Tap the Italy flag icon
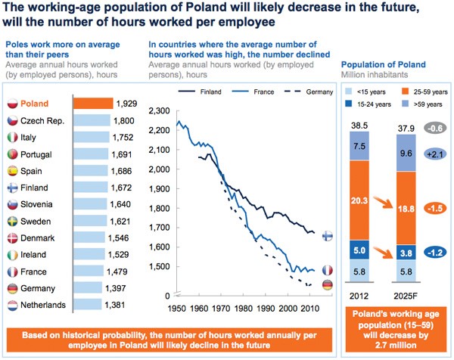click(11, 137)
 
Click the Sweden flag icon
click(11, 222)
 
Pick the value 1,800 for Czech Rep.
click(123, 120)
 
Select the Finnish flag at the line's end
click(328, 235)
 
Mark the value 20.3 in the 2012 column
click(359, 200)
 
